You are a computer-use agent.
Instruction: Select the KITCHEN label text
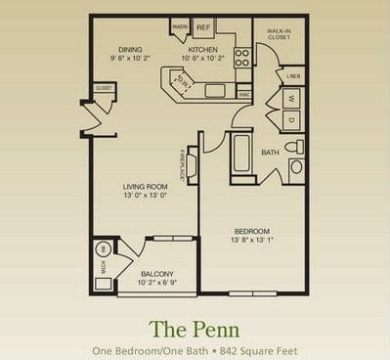(202, 49)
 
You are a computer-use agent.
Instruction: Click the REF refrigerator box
(204, 26)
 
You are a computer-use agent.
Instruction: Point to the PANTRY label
(180, 26)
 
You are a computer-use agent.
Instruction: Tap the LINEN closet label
(292, 75)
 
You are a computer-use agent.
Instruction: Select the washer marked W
(291, 99)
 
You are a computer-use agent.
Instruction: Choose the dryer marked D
(291, 120)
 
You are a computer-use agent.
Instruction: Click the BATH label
(271, 152)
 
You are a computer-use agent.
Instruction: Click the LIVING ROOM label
(145, 186)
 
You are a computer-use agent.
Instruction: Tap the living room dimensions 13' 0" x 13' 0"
(145, 196)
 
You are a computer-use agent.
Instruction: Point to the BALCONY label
(156, 274)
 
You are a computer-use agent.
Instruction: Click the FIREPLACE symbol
(191, 162)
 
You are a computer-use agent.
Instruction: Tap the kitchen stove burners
(241, 58)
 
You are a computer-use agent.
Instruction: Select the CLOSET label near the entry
(104, 87)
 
